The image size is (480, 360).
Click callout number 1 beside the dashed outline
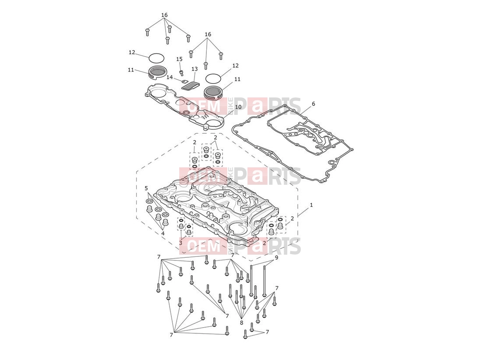click(311, 205)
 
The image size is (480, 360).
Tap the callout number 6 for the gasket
click(313, 104)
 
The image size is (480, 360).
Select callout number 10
click(238, 107)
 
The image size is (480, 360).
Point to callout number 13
click(195, 69)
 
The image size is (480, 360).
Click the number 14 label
click(170, 77)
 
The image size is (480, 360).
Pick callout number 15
click(179, 59)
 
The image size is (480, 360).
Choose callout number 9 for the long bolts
click(276, 258)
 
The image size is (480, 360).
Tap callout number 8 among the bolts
click(241, 322)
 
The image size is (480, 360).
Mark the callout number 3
click(181, 243)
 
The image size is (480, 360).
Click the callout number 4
click(163, 233)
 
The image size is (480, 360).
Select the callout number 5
click(146, 188)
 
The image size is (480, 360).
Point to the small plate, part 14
click(184, 81)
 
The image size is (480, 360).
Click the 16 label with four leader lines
click(164, 15)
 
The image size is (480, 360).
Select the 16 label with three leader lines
click(208, 35)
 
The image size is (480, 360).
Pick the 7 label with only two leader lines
click(267, 332)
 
